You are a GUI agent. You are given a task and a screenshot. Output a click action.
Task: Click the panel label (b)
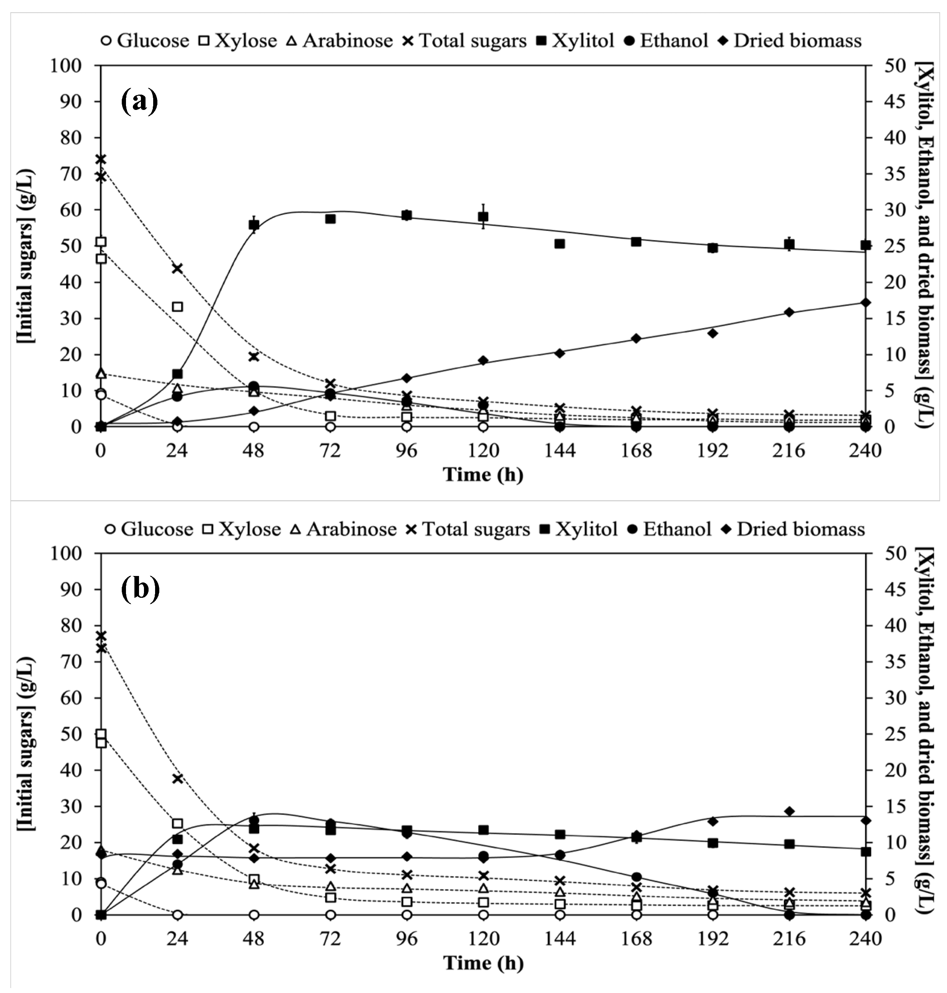(140, 589)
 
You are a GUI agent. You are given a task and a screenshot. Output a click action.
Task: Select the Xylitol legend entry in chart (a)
(576, 40)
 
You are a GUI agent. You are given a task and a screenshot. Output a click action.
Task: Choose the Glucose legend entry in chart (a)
(146, 40)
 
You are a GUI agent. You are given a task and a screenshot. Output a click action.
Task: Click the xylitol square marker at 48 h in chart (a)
(254, 225)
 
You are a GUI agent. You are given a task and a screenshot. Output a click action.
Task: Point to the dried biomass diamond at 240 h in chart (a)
(865, 303)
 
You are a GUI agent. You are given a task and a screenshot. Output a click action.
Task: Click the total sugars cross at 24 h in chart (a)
(177, 268)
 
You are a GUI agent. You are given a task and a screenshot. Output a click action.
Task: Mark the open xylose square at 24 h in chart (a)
(177, 306)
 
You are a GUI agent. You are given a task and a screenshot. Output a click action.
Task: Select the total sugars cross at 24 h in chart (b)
(177, 779)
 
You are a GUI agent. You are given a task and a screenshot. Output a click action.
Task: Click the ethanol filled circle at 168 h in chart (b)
(636, 877)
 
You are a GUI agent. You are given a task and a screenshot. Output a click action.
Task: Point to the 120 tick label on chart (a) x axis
(483, 450)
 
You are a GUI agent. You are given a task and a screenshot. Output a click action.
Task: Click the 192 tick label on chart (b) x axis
(713, 939)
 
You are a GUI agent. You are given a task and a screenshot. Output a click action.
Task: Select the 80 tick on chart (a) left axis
(71, 137)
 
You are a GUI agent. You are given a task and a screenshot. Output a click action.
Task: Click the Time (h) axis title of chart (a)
(483, 474)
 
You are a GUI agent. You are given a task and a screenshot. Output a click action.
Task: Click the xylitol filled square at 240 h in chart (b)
(865, 852)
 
